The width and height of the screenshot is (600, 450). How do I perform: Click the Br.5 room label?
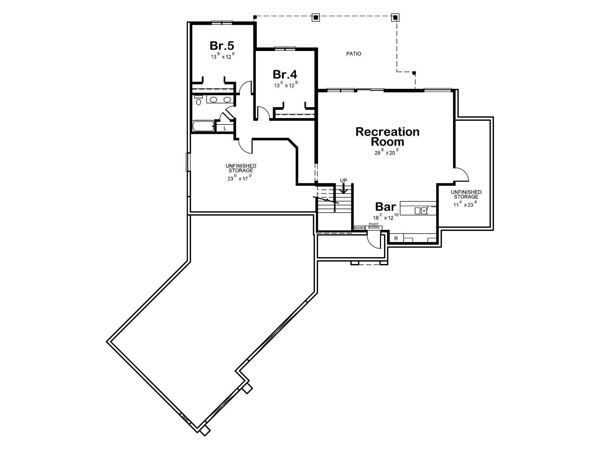click(x=222, y=46)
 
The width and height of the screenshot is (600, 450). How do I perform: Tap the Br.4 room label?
click(x=285, y=74)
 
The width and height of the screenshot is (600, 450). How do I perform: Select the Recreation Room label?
click(x=387, y=136)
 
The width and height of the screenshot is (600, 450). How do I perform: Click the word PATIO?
click(x=354, y=54)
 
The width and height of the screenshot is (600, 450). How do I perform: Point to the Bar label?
click(x=385, y=207)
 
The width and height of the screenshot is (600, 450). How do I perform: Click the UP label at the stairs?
click(x=343, y=181)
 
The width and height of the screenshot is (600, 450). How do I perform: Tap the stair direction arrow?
click(x=343, y=188)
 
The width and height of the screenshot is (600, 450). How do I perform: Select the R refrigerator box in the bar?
click(x=396, y=238)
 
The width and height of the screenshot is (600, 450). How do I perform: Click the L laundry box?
click(x=225, y=128)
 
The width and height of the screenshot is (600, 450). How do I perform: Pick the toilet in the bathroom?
click(x=198, y=100)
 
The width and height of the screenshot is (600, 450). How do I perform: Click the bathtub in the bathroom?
click(x=203, y=126)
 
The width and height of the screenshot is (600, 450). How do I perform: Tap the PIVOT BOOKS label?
click(x=373, y=226)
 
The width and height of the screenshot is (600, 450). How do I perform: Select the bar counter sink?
click(x=421, y=211)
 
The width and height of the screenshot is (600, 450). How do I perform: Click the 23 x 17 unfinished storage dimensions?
click(x=240, y=178)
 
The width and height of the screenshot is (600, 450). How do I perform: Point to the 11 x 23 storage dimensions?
click(x=466, y=204)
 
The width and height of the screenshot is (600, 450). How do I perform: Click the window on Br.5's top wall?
click(x=221, y=22)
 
